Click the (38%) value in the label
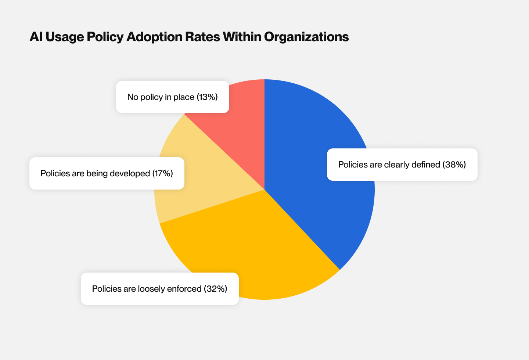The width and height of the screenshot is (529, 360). pyautogui.click(x=454, y=165)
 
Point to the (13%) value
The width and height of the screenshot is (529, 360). pyautogui.click(x=207, y=97)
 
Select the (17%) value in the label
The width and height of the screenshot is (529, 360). pyautogui.click(x=162, y=173)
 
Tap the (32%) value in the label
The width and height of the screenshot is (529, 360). pyautogui.click(x=215, y=289)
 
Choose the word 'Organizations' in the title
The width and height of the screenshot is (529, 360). pyautogui.click(x=306, y=37)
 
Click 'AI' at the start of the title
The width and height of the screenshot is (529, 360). pyautogui.click(x=36, y=37)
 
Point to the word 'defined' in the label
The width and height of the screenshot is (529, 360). pyautogui.click(x=427, y=165)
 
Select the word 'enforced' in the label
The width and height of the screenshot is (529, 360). pyautogui.click(x=184, y=289)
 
